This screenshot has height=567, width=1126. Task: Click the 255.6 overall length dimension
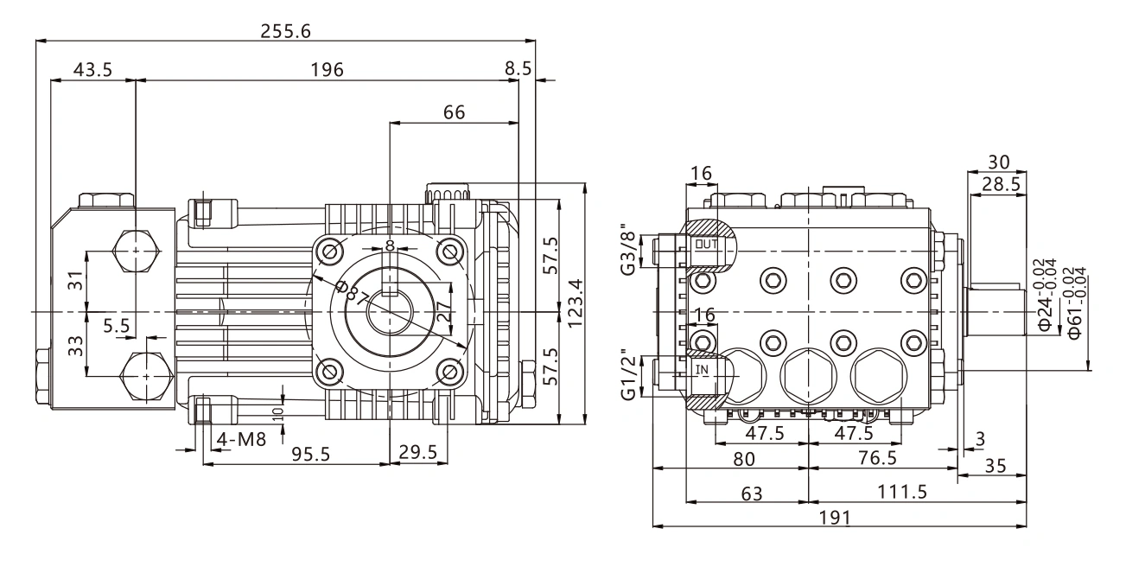click(285, 31)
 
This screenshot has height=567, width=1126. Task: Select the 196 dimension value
click(327, 69)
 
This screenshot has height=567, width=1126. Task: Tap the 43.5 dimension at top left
click(92, 69)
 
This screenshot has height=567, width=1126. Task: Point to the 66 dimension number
click(454, 112)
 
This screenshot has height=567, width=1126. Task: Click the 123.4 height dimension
click(575, 303)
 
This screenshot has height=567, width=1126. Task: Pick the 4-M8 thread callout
click(241, 440)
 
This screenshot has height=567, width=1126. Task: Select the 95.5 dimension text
click(310, 455)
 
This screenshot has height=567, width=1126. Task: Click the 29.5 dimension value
click(417, 452)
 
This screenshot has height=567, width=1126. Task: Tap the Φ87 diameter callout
click(353, 293)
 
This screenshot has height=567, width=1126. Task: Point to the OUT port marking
click(706, 245)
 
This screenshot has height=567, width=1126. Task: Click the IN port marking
click(702, 370)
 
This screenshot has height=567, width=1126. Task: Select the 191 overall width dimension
click(835, 517)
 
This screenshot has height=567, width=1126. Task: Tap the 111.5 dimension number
click(902, 492)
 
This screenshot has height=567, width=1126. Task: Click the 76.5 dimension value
click(877, 458)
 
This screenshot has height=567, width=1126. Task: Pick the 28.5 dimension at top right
click(1001, 184)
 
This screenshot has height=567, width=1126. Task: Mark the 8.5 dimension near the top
click(518, 68)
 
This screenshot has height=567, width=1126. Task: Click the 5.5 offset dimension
click(117, 326)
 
